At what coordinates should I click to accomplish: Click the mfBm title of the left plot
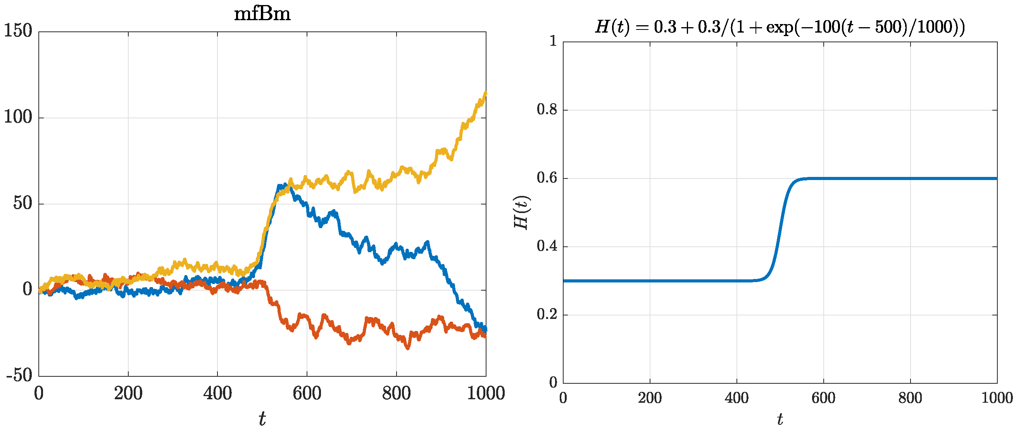click(x=262, y=14)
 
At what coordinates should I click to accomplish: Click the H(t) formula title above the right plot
click(x=780, y=27)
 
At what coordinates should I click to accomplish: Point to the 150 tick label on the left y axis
click(x=18, y=31)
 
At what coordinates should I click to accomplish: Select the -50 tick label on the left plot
click(x=19, y=376)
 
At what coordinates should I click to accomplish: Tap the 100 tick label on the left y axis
click(x=18, y=118)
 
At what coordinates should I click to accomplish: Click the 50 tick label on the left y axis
click(x=22, y=204)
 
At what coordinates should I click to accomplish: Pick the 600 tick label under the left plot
click(x=307, y=394)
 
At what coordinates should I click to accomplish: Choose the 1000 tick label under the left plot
click(x=486, y=394)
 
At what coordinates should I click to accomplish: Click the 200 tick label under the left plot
click(x=128, y=394)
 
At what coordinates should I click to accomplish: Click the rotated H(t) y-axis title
click(x=522, y=213)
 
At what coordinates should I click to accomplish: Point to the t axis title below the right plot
click(x=780, y=419)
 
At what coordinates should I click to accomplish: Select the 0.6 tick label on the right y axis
click(x=547, y=178)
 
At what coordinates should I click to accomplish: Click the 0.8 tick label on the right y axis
click(x=547, y=109)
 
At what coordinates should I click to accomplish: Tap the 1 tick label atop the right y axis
click(x=553, y=41)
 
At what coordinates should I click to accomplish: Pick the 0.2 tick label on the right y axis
click(x=547, y=315)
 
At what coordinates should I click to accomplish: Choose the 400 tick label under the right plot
click(x=736, y=398)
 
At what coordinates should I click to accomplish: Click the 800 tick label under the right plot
click(x=910, y=398)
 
